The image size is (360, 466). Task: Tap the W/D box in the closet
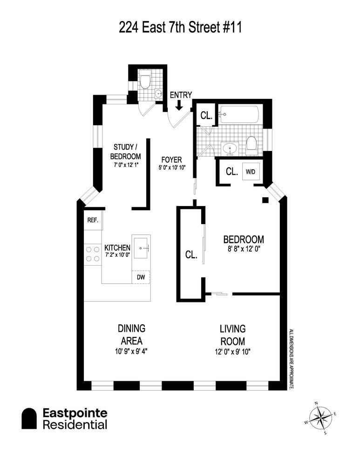pos(250,171)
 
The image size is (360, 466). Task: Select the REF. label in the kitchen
pos(93,220)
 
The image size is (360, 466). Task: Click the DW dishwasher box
pos(141,277)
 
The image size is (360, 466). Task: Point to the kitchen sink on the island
pos(141,247)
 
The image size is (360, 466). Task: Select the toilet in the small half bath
pos(145,81)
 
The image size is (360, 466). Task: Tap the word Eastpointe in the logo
pos(75,413)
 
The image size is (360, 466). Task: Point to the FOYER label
pos(172,159)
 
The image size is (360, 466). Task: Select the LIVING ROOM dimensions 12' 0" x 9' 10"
pos(232,351)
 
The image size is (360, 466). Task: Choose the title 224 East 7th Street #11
pos(180,28)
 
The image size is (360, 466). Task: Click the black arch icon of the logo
pos(29,418)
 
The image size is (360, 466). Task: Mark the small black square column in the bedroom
pos(265,200)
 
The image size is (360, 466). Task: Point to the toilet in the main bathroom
pos(251,144)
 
